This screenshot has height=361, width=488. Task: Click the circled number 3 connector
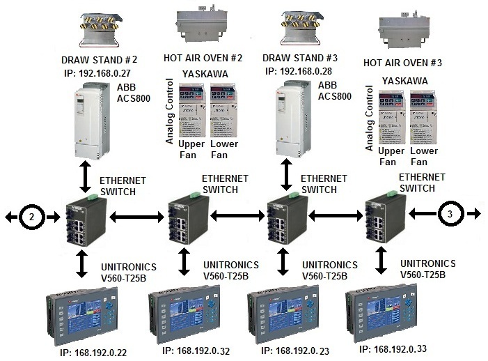(450, 215)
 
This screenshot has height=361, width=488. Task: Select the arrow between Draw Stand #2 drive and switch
(85, 175)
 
